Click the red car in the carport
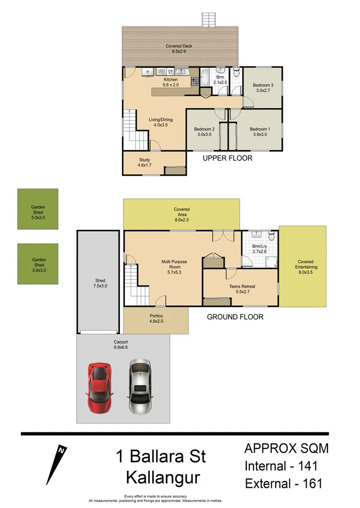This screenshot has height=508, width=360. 100,388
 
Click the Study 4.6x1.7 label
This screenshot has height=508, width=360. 144,163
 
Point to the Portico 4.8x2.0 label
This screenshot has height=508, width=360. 156,318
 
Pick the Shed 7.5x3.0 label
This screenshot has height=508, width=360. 100,283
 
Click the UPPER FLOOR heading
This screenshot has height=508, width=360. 227,158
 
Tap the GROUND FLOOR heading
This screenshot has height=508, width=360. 235,317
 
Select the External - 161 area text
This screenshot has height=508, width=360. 283,483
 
